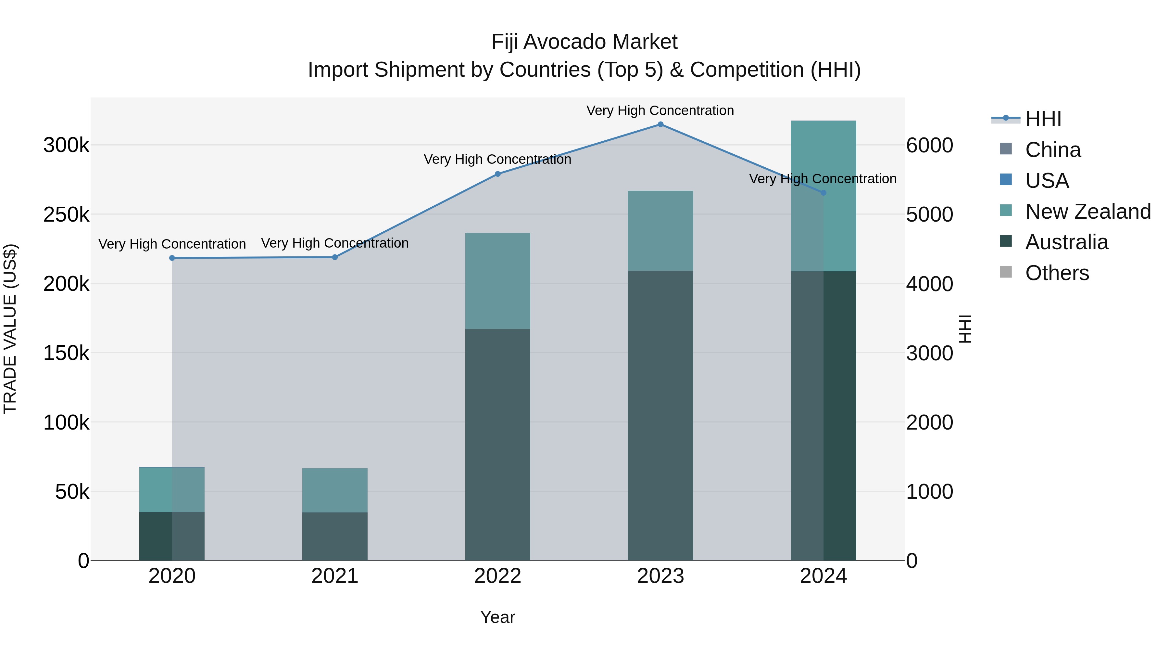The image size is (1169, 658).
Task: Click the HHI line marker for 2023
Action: (x=660, y=124)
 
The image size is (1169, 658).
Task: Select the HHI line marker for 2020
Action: (x=172, y=258)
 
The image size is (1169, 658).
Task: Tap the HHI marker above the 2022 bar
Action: (x=497, y=174)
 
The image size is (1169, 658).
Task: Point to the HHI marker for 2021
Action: (x=335, y=257)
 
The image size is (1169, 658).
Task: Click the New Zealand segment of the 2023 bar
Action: (x=660, y=231)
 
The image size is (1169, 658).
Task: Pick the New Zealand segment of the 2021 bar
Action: (x=335, y=490)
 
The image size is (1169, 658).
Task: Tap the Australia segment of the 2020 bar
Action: (x=172, y=536)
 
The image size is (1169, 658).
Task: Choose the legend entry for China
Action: (x=1052, y=150)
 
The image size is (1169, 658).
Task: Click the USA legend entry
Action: (x=1047, y=181)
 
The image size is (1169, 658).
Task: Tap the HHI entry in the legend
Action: (x=1043, y=119)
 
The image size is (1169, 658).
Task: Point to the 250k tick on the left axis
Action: (x=66, y=214)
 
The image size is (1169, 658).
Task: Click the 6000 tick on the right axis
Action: (x=929, y=145)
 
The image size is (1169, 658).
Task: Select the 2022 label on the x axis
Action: (x=497, y=576)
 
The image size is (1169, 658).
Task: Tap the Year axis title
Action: (x=497, y=617)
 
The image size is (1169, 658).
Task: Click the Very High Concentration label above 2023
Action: (x=660, y=110)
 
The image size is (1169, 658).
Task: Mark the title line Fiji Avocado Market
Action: (x=584, y=42)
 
